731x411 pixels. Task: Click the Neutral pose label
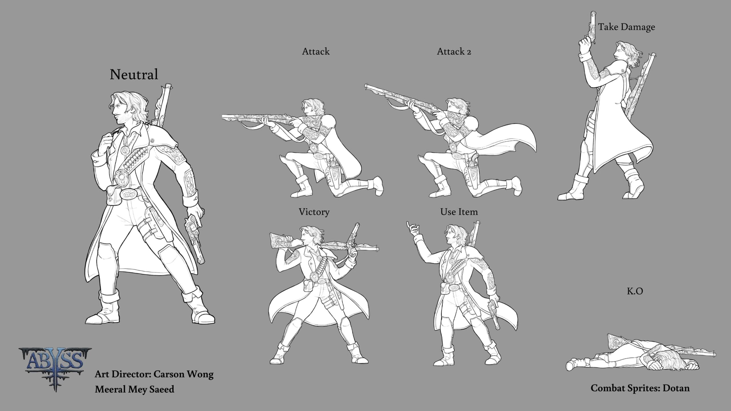tap(134, 75)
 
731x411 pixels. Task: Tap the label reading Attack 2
tap(454, 52)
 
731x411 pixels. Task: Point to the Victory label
tap(314, 212)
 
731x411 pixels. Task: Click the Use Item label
tap(459, 212)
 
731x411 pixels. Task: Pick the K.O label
tap(635, 291)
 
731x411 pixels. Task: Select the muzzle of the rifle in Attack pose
tap(223, 116)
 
